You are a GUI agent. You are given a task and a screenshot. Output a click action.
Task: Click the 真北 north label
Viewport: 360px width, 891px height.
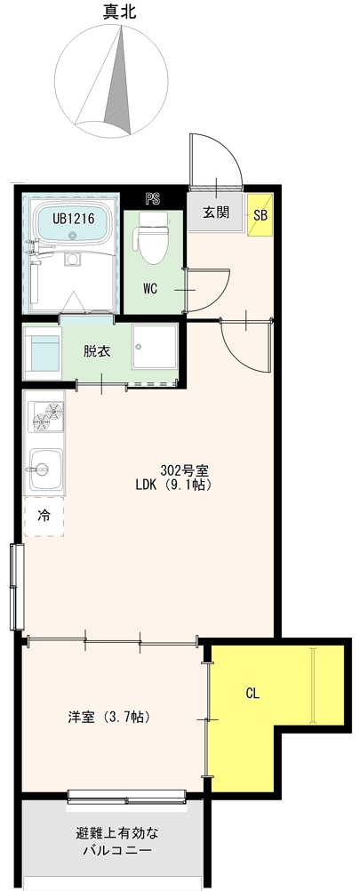click(x=120, y=12)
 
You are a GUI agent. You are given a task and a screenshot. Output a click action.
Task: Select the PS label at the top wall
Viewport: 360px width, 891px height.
click(x=152, y=199)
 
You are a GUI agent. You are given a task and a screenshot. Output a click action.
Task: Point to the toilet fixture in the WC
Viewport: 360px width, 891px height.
click(x=154, y=237)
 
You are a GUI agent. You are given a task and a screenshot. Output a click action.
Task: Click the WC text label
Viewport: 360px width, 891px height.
click(x=150, y=289)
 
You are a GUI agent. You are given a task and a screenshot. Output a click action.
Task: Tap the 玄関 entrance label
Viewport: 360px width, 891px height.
click(x=216, y=213)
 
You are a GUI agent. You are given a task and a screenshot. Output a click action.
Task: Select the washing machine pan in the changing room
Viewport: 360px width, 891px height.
click(x=155, y=347)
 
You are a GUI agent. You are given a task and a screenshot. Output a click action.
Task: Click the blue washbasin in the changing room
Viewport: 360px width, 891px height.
click(x=44, y=353)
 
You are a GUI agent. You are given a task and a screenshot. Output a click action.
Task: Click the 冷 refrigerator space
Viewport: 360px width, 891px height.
click(x=44, y=517)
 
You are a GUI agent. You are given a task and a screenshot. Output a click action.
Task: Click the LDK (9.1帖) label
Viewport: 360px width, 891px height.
click(x=173, y=486)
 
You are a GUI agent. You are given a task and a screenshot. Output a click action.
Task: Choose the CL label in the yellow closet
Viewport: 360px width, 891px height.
click(x=252, y=694)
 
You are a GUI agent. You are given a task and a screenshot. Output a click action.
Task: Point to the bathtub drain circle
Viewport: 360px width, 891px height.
click(x=72, y=236)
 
